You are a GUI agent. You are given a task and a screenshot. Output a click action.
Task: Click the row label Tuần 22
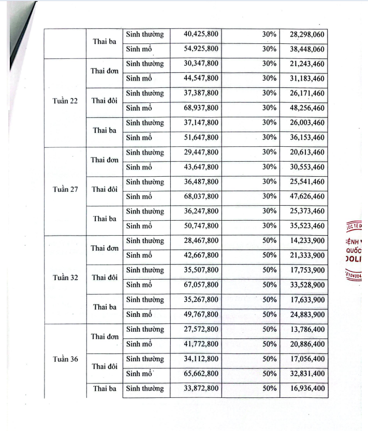(x=65, y=101)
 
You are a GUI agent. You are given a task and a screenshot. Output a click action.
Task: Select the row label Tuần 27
(x=65, y=189)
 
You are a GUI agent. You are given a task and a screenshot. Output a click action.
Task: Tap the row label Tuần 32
(x=65, y=278)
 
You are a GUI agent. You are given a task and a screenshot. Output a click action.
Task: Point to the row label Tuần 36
(x=65, y=359)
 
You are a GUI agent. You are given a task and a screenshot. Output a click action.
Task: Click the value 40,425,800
(x=201, y=35)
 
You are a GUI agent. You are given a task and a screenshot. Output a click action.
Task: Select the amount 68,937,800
(x=201, y=108)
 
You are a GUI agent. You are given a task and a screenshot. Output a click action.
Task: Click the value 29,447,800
(x=201, y=152)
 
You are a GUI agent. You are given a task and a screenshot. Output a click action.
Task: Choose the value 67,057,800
(x=201, y=285)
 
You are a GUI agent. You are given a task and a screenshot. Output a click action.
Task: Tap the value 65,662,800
(x=201, y=373)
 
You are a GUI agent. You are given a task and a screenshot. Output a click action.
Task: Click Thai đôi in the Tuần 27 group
(x=105, y=189)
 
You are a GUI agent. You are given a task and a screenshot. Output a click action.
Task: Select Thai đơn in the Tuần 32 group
(x=105, y=248)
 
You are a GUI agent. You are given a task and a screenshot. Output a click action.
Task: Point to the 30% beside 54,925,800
(x=269, y=49)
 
